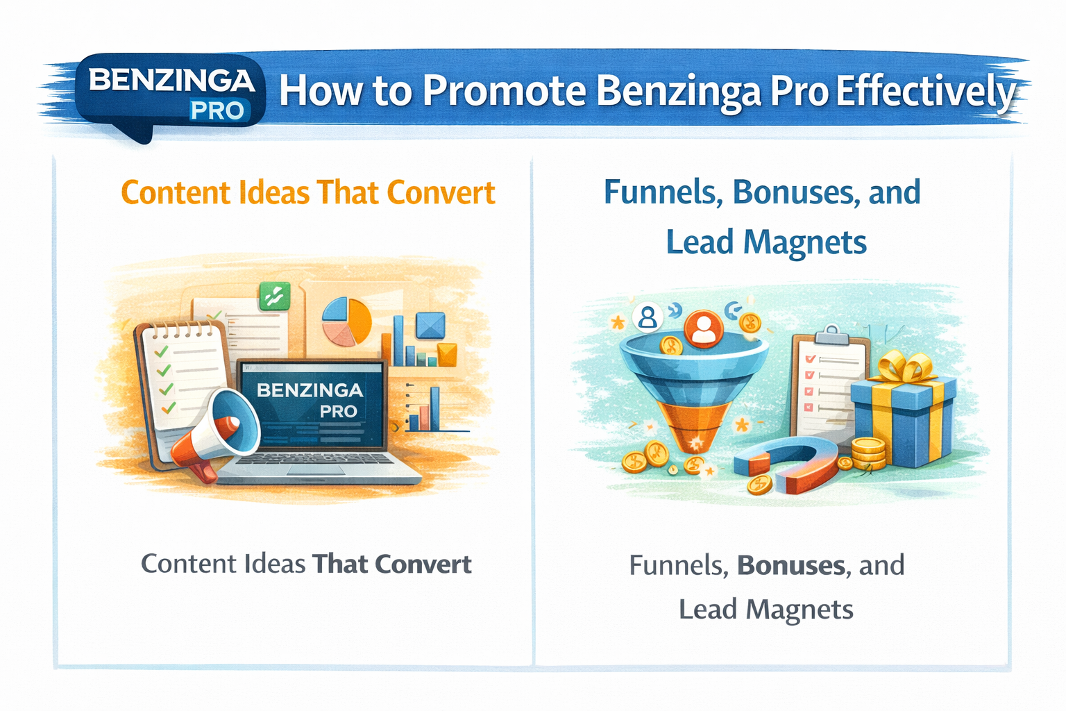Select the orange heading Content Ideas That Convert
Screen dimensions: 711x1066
(x=308, y=193)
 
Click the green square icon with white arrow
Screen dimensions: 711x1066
(x=274, y=296)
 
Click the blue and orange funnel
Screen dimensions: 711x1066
(x=693, y=389)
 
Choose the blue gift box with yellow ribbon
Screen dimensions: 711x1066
(x=906, y=420)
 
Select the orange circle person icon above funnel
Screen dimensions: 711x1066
(x=703, y=329)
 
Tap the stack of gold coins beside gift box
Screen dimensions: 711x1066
(x=868, y=453)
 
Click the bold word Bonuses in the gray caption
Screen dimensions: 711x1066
(x=791, y=566)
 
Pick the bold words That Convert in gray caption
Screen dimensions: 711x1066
(x=392, y=564)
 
